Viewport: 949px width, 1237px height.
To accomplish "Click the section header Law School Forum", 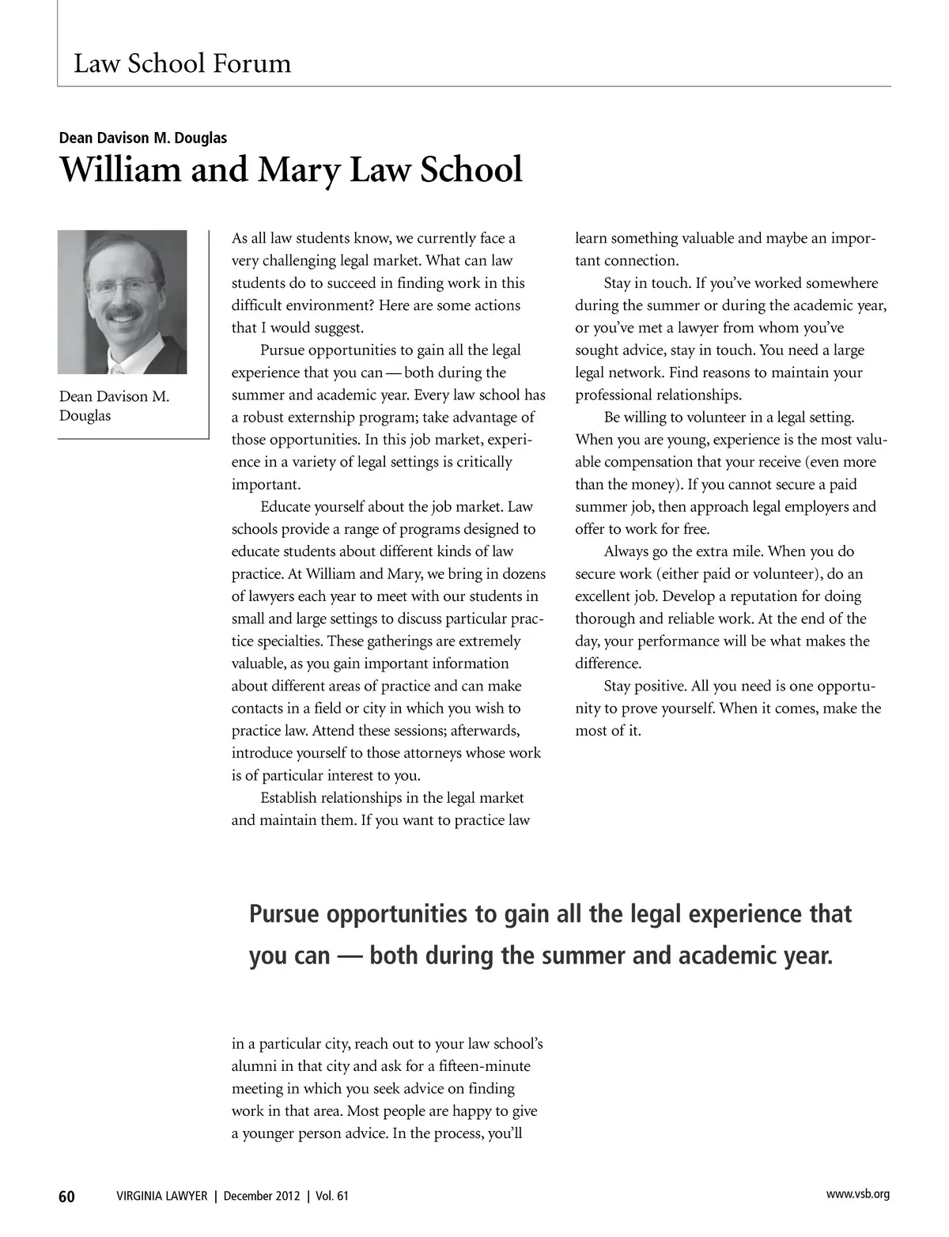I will point(182,63).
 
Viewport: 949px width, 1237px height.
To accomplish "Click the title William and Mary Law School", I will point(291,170).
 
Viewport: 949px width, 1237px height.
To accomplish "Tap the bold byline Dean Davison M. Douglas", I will point(143,138).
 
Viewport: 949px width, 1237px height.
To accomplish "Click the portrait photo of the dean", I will point(123,301).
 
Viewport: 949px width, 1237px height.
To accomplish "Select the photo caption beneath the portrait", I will point(114,406).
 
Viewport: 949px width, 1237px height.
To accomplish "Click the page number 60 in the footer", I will point(66,1197).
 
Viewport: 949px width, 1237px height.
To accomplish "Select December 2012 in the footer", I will point(262,1197).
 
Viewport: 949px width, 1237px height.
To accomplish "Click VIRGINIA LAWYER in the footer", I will point(161,1197).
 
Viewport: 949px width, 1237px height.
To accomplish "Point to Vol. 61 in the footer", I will point(332,1197).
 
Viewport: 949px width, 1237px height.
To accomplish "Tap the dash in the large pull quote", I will point(350,956).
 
